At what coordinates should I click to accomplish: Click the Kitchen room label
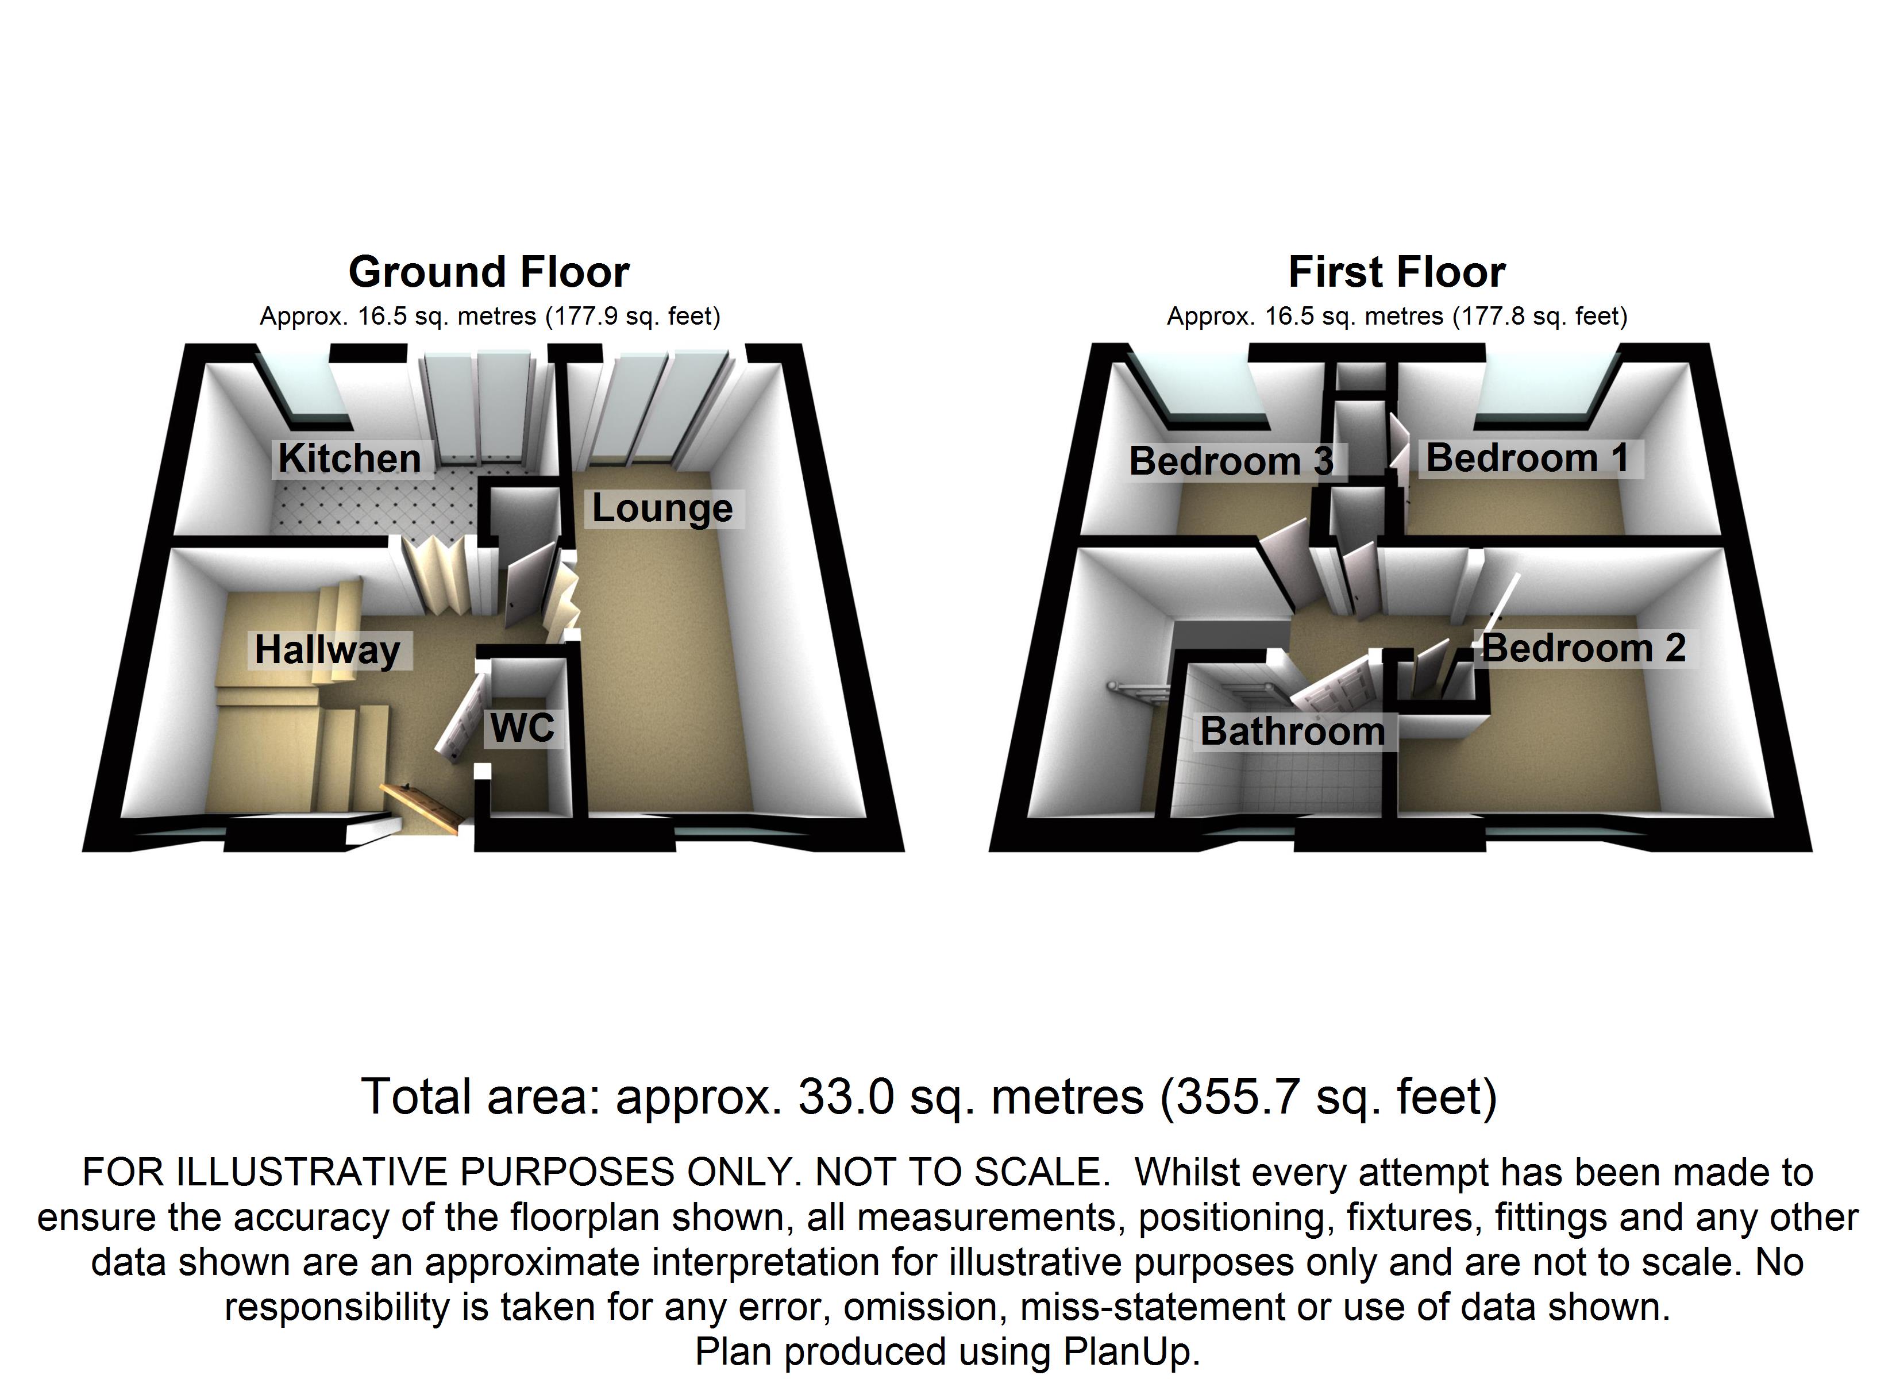[x=349, y=459]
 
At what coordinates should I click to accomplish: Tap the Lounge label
[x=662, y=507]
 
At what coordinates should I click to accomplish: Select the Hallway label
[x=327, y=650]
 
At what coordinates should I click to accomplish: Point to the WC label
[x=522, y=727]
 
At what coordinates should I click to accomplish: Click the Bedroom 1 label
[x=1527, y=459]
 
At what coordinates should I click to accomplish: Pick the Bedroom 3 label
[x=1231, y=461]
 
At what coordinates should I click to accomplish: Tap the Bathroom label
[x=1292, y=731]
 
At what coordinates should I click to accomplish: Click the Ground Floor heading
[x=489, y=272]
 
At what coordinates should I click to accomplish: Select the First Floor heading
[x=1397, y=272]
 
